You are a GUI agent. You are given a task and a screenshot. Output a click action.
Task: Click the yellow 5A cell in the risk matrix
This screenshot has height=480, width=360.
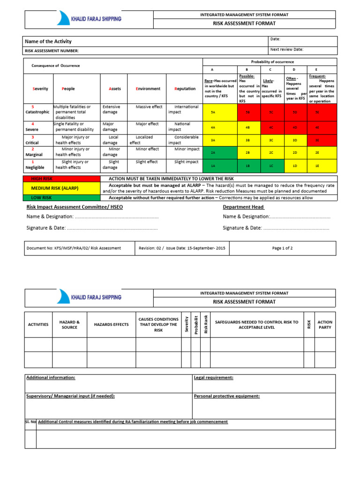click(x=213, y=112)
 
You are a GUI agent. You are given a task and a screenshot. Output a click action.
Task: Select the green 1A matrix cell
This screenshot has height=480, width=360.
click(x=213, y=165)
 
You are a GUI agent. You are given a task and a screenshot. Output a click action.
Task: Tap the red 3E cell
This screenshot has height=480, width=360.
click(x=317, y=140)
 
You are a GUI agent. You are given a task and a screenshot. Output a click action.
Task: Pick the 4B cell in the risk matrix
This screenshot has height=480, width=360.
click(x=247, y=127)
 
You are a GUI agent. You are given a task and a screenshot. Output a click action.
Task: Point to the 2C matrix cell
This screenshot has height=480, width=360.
click(x=270, y=152)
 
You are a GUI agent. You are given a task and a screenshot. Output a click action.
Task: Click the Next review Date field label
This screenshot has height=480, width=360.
click(x=286, y=49)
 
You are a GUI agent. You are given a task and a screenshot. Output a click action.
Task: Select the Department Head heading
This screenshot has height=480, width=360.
click(x=243, y=207)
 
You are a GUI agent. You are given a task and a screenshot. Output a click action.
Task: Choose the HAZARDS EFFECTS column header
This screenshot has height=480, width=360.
click(x=111, y=324)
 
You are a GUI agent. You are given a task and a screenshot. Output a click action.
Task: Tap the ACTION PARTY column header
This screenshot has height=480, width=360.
click(x=325, y=324)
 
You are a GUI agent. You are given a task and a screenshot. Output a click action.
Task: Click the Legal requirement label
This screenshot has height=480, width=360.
click(x=214, y=377)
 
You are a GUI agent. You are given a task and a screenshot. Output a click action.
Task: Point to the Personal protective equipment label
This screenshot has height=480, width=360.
click(x=226, y=396)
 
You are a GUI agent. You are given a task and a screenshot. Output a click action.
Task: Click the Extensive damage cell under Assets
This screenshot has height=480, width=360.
click(x=111, y=110)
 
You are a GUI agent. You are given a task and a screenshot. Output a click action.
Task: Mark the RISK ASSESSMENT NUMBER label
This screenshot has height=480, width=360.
click(x=52, y=51)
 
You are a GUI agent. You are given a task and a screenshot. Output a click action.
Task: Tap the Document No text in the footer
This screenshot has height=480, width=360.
click(x=74, y=248)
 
